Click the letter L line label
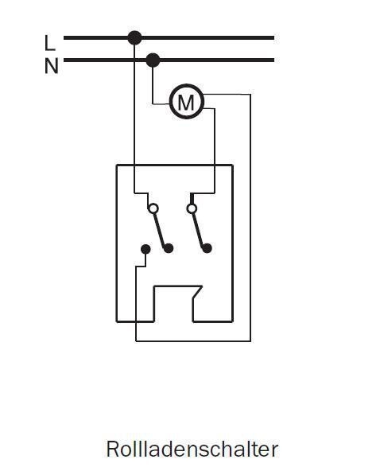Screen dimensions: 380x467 [x=50, y=43]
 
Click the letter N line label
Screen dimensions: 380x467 [x=51, y=66]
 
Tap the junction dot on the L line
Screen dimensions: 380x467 [x=134, y=38]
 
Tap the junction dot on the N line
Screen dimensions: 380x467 [x=153, y=60]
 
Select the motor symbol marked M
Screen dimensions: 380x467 [x=187, y=102]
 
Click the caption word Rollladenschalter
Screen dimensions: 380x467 [x=192, y=449]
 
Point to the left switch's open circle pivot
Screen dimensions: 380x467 [x=153, y=208]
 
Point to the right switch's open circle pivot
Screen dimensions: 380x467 [x=192, y=208]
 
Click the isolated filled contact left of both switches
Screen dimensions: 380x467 [x=145, y=249]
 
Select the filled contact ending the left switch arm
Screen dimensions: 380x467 [x=169, y=248]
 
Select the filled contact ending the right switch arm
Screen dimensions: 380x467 [x=207, y=248]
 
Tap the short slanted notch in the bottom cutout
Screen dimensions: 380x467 [x=198, y=292]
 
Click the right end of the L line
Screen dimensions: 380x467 [x=273, y=38]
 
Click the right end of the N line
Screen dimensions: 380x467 [x=273, y=60]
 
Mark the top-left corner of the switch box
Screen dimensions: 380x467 [x=117, y=165]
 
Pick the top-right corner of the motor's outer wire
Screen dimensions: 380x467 [x=250, y=95]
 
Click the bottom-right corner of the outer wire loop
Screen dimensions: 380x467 [x=250, y=341]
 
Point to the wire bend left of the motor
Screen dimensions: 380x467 [x=153, y=104]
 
